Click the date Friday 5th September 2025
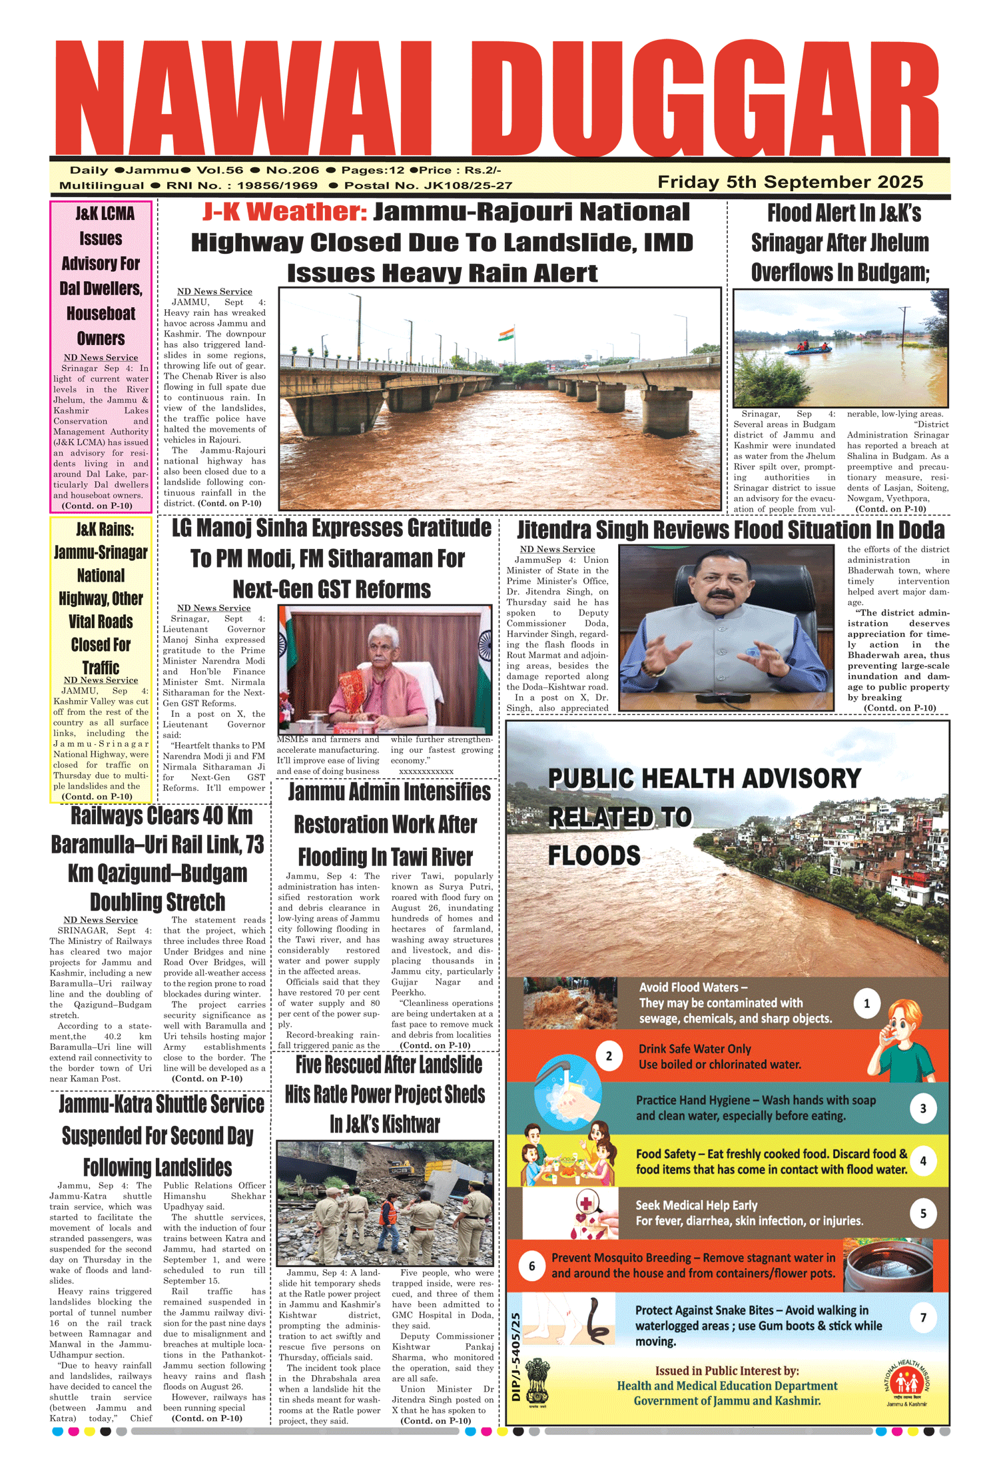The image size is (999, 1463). (790, 182)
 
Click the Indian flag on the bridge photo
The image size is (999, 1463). (507, 333)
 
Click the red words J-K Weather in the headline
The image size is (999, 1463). (284, 212)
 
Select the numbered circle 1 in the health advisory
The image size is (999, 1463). (866, 1003)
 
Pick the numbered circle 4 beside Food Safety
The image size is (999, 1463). (922, 1161)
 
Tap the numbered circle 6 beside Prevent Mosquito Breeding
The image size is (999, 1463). (531, 1266)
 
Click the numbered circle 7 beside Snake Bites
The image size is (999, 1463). (923, 1318)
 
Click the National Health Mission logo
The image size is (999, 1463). (906, 1384)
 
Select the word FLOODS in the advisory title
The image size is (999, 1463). (594, 855)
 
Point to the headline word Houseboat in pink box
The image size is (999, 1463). (101, 314)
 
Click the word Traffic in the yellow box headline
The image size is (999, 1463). (101, 668)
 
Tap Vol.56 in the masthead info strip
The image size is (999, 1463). (220, 171)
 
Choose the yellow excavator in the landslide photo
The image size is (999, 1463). (400, 1169)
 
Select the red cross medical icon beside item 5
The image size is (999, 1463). (586, 1205)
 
